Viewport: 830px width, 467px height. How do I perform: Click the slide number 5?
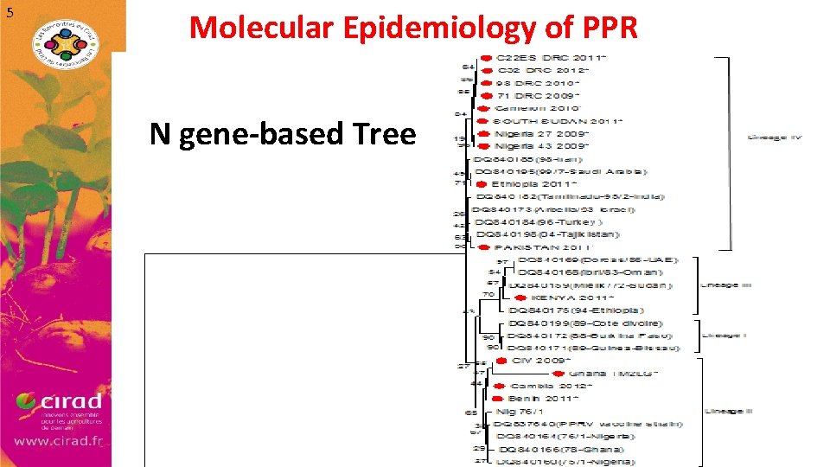tap(10, 12)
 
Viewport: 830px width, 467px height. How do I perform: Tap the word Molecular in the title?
tap(259, 28)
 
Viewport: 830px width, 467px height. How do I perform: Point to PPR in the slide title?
tap(603, 28)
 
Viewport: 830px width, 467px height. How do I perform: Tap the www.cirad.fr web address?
tap(58, 440)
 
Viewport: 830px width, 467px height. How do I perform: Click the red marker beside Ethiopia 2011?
tap(483, 184)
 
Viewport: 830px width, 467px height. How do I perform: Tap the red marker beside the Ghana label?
tap(559, 373)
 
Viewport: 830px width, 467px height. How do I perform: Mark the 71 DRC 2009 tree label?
tap(538, 95)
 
